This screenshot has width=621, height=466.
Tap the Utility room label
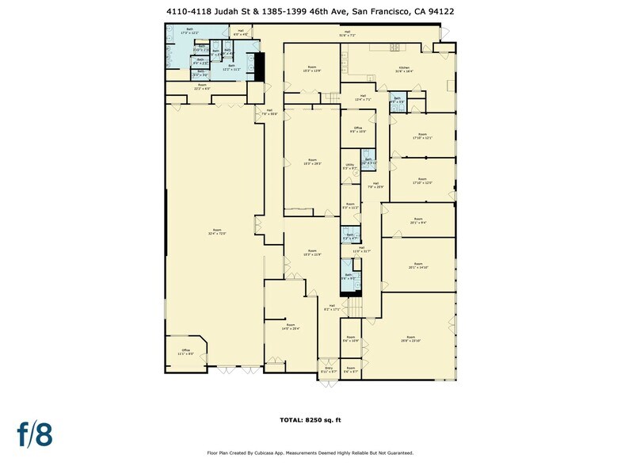click(349, 167)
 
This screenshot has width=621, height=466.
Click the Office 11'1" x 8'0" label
click(186, 352)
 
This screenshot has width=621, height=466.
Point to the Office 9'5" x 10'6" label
click(358, 130)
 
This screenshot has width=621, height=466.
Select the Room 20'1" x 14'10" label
click(418, 266)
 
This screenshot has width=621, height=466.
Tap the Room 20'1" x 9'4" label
click(418, 221)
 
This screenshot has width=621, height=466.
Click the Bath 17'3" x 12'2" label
click(189, 32)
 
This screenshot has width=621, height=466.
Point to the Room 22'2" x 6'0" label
click(202, 86)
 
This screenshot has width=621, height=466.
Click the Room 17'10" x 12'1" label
click(422, 136)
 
